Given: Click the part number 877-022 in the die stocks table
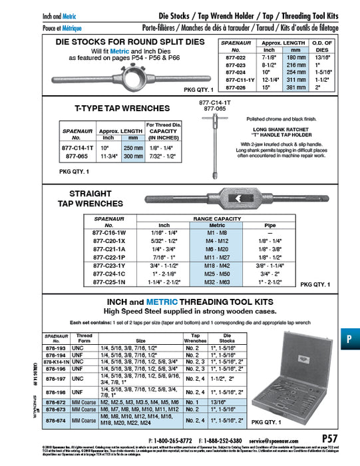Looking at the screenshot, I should pos(236,58).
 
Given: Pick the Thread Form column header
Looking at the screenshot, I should pos(84,338).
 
